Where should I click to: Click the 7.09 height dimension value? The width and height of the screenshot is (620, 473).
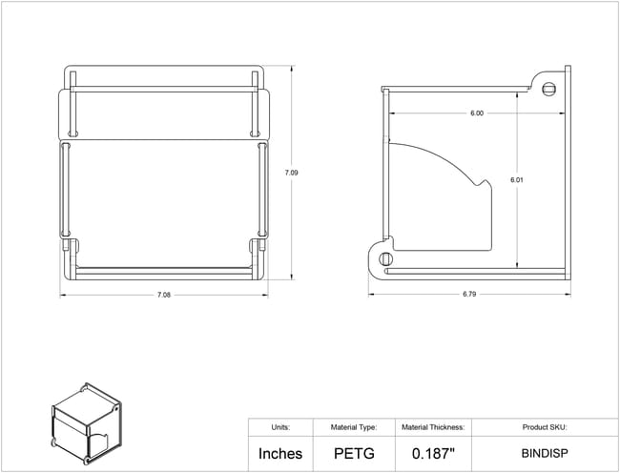[292, 173]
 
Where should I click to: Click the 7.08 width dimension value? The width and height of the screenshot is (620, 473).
[164, 295]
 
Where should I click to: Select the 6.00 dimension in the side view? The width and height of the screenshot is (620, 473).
[477, 113]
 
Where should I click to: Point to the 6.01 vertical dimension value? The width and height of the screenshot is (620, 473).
[516, 180]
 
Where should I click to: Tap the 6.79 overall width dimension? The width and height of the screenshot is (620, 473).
[469, 295]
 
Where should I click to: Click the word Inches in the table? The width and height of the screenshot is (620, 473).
[280, 454]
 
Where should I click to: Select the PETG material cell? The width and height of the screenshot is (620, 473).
[354, 454]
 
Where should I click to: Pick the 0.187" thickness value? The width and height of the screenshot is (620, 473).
[433, 454]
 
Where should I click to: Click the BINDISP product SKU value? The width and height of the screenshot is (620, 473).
[545, 453]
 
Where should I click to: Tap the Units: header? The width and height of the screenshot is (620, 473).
[280, 427]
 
